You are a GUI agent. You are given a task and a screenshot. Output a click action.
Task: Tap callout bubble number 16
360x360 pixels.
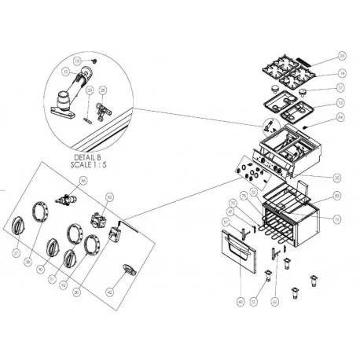pyautogui.click(x=77, y=61)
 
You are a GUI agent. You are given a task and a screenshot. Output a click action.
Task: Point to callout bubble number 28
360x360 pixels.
pyautogui.click(x=102, y=90)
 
